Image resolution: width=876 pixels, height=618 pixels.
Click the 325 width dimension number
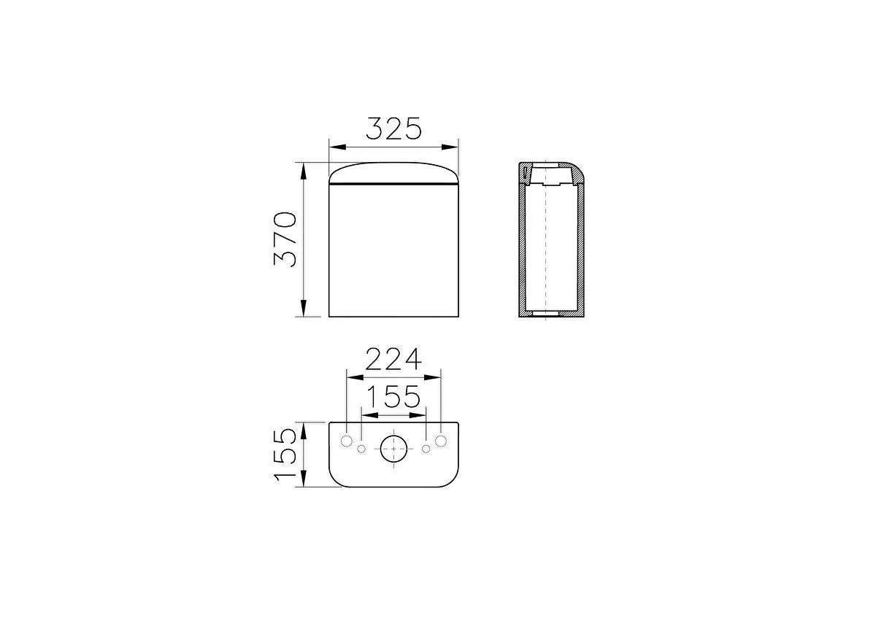tap(393, 128)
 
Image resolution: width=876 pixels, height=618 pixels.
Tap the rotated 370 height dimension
tap(285, 239)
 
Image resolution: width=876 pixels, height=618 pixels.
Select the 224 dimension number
tap(393, 360)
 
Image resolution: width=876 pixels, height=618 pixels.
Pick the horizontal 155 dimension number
tap(393, 397)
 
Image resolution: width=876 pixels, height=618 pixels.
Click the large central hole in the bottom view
tap(393, 448)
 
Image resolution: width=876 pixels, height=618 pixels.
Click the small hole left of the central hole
tap(361, 448)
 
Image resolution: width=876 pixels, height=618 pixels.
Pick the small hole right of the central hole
tap(426, 448)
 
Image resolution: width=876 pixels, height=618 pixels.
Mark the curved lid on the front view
tap(393, 173)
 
